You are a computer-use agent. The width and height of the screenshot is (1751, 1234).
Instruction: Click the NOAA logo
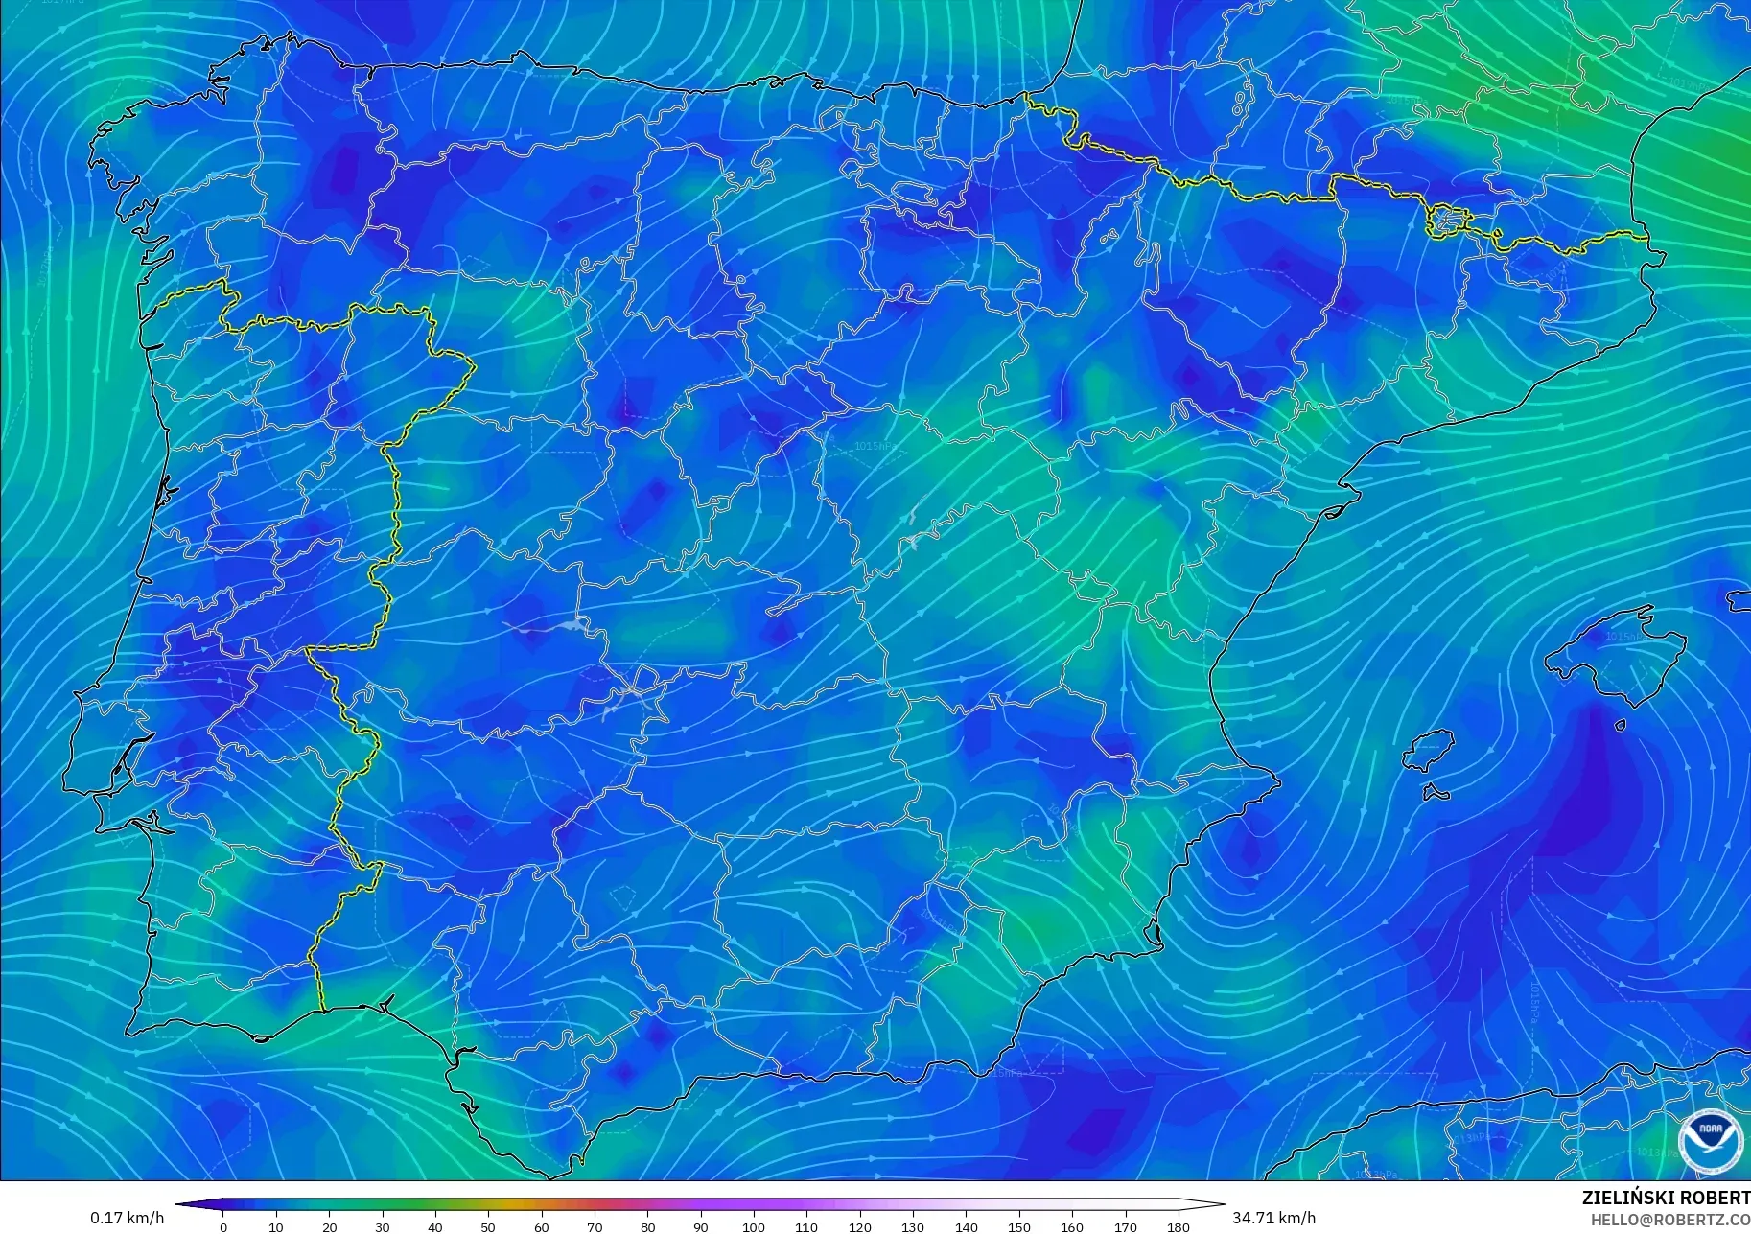pyautogui.click(x=1711, y=1141)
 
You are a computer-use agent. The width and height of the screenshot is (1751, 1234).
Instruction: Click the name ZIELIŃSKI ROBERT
pyautogui.click(x=1666, y=1199)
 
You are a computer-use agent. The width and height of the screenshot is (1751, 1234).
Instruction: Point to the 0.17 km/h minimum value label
pyautogui.click(x=128, y=1218)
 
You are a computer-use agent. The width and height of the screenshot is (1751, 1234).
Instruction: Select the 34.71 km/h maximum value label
pyautogui.click(x=1273, y=1218)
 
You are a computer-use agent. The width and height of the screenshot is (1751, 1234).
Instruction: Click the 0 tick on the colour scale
pyautogui.click(x=223, y=1226)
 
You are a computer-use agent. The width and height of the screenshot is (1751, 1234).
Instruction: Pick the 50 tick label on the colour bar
pyautogui.click(x=488, y=1226)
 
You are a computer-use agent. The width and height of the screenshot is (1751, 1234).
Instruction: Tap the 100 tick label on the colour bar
pyautogui.click(x=753, y=1226)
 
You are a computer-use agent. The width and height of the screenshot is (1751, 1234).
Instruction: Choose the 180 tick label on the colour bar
pyautogui.click(x=1179, y=1226)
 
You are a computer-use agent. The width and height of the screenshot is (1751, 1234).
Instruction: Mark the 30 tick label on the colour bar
pyautogui.click(x=383, y=1226)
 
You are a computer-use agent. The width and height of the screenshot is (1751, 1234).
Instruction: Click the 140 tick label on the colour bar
pyautogui.click(x=966, y=1226)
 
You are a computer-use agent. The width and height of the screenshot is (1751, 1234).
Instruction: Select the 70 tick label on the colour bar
pyautogui.click(x=595, y=1226)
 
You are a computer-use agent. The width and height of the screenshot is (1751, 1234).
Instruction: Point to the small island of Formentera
pyautogui.click(x=1436, y=793)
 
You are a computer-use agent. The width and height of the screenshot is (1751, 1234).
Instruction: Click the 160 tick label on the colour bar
pyautogui.click(x=1072, y=1226)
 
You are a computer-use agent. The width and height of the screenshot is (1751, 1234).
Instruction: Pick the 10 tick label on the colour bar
pyautogui.click(x=276, y=1226)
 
